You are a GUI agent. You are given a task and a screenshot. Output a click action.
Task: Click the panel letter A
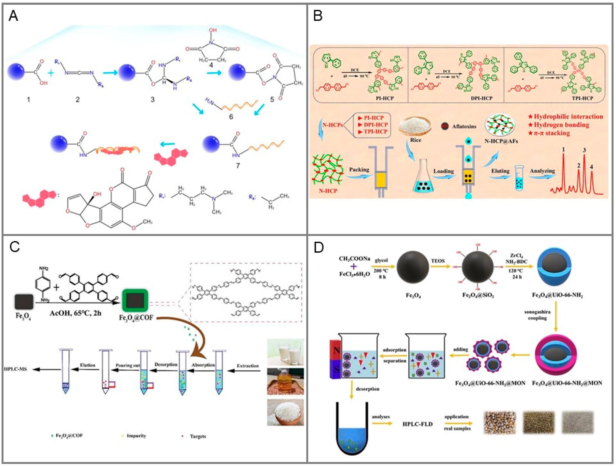click(x=13, y=16)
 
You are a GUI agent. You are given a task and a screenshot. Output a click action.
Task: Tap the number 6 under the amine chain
click(x=231, y=117)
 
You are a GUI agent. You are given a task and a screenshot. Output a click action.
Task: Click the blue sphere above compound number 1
click(x=17, y=72)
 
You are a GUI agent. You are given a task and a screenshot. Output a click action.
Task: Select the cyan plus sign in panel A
click(x=51, y=73)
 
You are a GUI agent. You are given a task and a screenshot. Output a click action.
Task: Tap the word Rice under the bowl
click(x=415, y=140)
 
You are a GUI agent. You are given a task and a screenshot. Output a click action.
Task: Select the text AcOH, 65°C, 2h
click(x=75, y=313)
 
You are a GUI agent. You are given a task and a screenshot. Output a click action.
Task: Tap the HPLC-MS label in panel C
click(x=15, y=369)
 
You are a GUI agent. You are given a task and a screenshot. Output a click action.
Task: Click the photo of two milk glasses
click(x=285, y=352)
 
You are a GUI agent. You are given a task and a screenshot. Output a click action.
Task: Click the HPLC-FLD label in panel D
click(x=417, y=424)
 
